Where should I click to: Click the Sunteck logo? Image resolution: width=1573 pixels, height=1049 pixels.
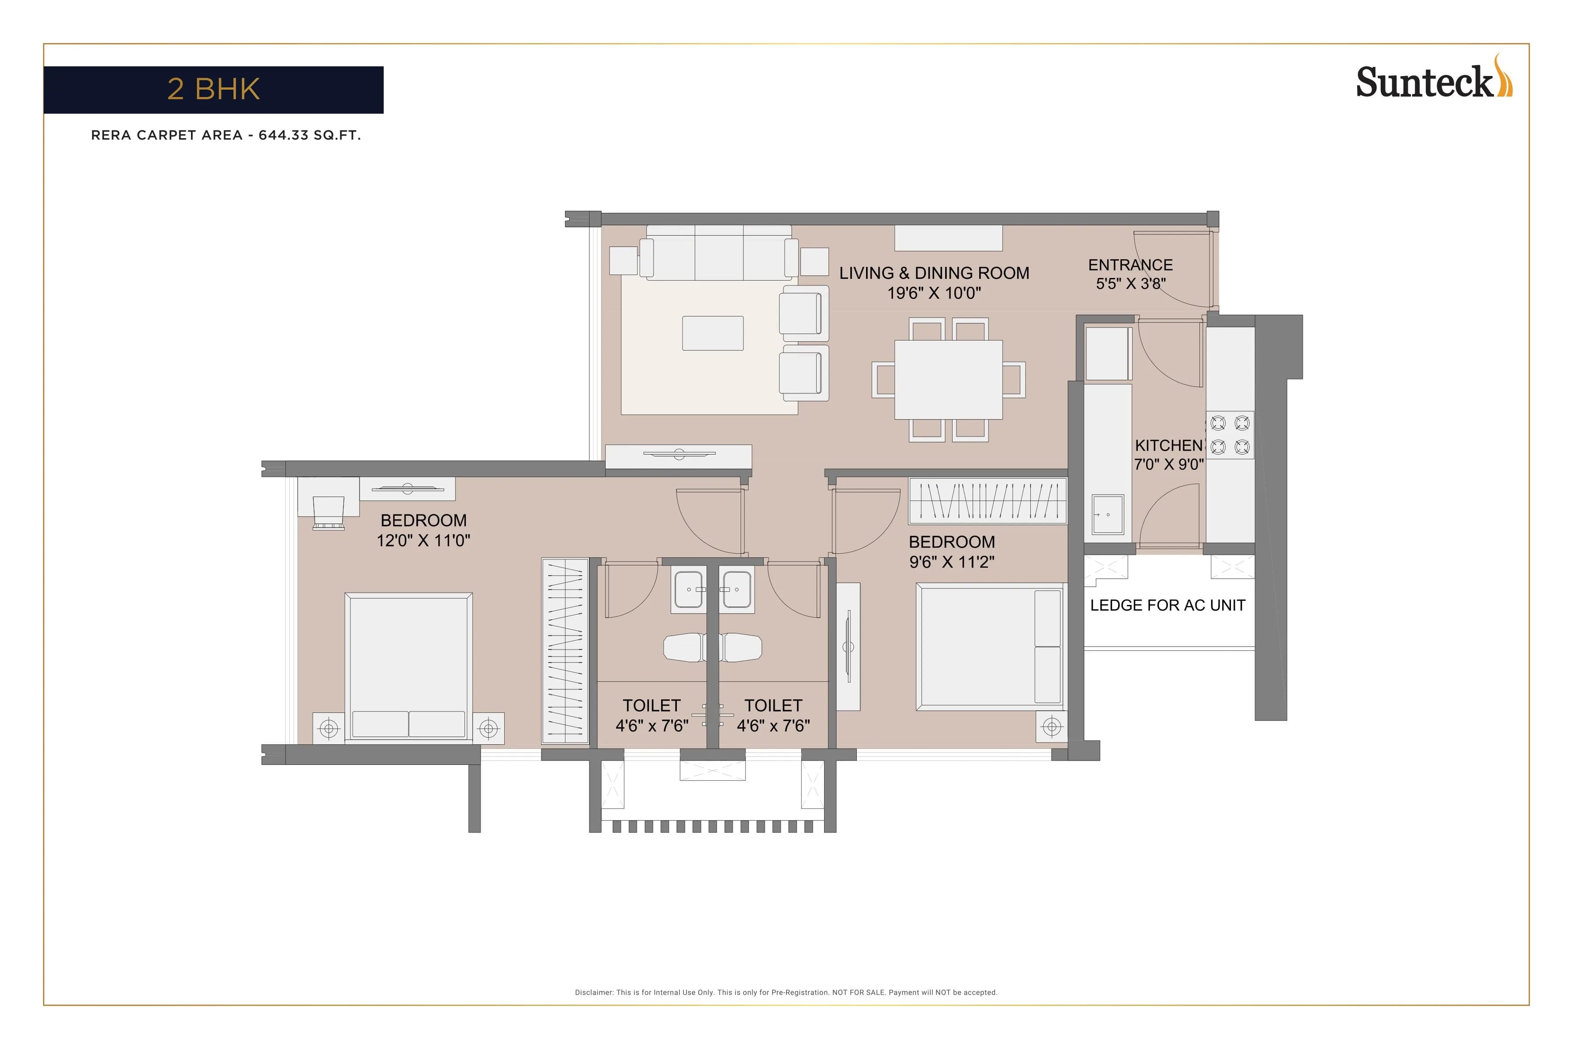1433,82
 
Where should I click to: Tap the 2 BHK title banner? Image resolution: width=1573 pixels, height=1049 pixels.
213,90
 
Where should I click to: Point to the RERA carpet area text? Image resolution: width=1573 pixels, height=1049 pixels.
226,135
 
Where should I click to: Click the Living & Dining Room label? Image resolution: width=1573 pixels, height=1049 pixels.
934,273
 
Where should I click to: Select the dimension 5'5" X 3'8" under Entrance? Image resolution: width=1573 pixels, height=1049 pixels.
1130,284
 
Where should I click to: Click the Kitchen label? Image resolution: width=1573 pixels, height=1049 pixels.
1168,445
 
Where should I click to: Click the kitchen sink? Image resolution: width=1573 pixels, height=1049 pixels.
1108,514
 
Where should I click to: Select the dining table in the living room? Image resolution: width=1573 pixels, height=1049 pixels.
948,379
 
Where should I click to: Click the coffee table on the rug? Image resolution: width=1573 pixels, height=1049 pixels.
712,333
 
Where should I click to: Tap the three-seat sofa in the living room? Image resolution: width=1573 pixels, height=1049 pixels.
719,253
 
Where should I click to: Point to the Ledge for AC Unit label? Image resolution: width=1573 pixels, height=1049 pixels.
1167,605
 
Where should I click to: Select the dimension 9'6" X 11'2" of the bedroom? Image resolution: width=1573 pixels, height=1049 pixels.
951,562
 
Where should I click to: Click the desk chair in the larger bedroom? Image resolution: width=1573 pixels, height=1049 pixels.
329,512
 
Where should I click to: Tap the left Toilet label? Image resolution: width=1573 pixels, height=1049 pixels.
651,706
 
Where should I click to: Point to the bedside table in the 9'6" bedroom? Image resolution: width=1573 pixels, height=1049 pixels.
1051,726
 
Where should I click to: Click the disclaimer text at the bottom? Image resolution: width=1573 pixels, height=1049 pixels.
786,992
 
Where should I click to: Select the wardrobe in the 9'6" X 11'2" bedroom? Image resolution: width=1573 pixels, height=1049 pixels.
987,501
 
